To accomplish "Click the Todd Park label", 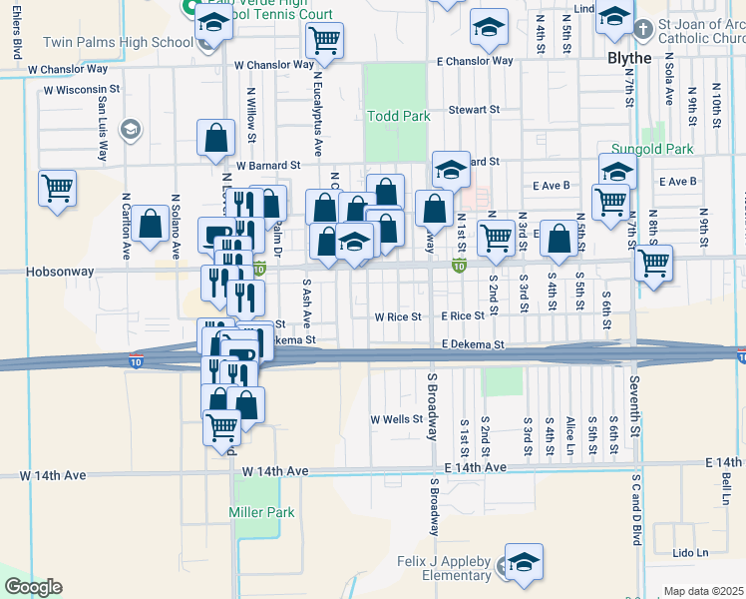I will coord(399,116).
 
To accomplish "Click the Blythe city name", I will coord(629,58).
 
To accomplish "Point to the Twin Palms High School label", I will coord(118,42).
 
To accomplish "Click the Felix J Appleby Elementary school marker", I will coord(524,561).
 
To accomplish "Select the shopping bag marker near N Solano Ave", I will coord(152,226).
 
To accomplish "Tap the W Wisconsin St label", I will coord(82,89).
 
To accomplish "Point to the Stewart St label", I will coord(472,110).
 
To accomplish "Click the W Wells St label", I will coord(397,419).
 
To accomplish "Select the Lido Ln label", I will coord(689,552).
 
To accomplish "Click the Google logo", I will coord(33,587).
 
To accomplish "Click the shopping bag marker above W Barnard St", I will coord(215,140).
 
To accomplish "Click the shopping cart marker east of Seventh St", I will coord(653,265).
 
